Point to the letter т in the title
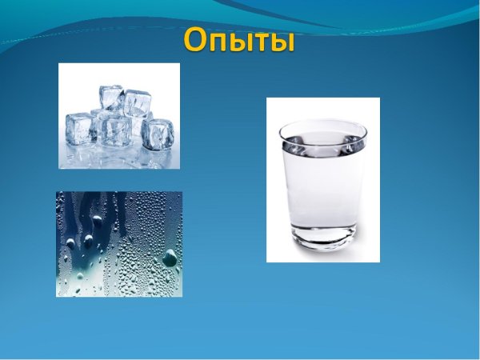(x=258, y=42)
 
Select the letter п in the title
(x=221, y=42)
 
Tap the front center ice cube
(x=117, y=130)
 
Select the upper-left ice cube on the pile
(x=110, y=98)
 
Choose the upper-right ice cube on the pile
(x=137, y=102)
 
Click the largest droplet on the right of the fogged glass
(x=169, y=257)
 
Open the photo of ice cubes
(x=119, y=116)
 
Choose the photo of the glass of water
(x=322, y=179)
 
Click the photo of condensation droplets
(x=119, y=244)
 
